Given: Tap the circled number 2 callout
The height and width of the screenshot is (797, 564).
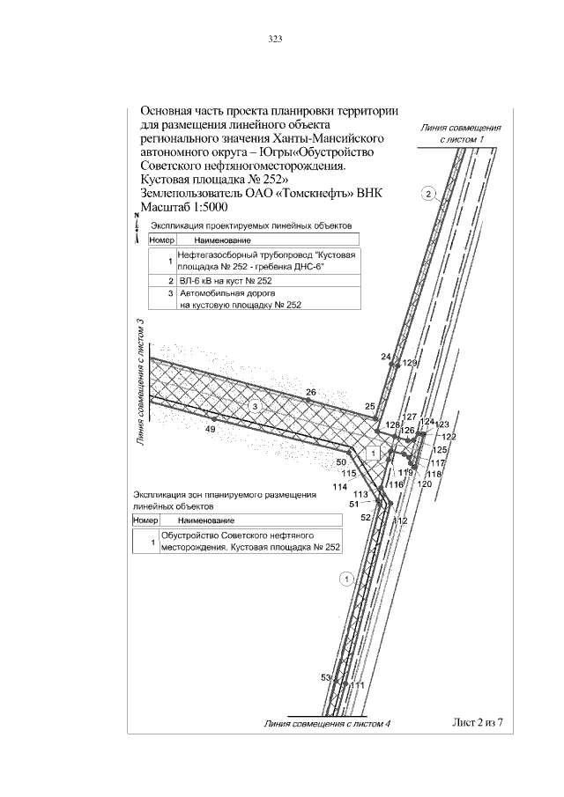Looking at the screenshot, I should pos(427,194).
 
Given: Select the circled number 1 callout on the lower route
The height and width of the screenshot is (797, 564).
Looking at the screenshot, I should pos(345,579).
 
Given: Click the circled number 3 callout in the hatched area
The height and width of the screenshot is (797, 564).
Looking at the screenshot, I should pos(254,406).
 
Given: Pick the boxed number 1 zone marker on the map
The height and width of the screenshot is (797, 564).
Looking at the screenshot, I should pos(373,453).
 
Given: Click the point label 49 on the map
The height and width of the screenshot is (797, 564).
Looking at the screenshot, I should pos(211,429).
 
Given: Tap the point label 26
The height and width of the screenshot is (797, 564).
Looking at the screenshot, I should pos(310,392).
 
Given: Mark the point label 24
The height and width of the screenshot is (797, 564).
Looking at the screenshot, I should pos(385,357).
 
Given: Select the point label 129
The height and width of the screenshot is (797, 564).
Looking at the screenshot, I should pos(409,363).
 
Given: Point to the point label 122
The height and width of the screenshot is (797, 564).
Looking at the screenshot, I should pos(449,437).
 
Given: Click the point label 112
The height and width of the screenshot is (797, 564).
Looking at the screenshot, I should pos(401,521).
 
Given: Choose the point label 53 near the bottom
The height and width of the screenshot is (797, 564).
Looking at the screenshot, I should pos(324,677).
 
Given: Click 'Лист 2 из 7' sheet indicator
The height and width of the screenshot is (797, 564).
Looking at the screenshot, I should pos(477,723).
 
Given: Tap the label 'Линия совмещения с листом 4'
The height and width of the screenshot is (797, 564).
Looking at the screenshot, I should pos(327,724).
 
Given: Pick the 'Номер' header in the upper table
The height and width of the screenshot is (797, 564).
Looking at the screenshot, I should pos(162,240).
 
